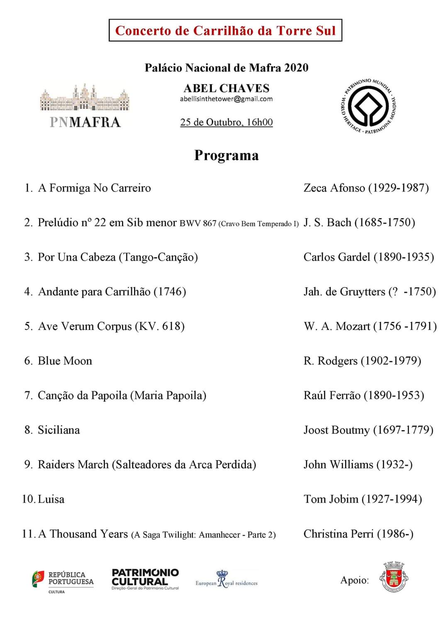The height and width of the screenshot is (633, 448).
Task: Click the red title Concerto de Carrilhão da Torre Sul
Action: (x=225, y=31)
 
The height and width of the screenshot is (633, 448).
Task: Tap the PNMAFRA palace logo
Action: (x=85, y=106)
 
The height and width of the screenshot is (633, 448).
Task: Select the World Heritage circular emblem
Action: (x=368, y=106)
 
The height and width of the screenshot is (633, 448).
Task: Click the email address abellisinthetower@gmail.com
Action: (x=226, y=99)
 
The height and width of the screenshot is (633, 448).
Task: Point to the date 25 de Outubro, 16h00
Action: (x=226, y=122)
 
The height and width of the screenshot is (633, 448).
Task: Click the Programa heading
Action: (x=226, y=155)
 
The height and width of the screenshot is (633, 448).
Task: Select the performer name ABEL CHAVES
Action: (x=226, y=88)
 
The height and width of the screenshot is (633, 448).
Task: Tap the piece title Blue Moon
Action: (x=65, y=361)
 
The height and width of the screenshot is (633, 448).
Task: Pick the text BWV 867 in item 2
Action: (x=198, y=223)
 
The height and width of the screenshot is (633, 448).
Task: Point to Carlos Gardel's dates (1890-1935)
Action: (x=404, y=257)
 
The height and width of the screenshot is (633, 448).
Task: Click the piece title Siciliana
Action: (x=58, y=430)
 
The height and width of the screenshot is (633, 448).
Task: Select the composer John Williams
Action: (x=338, y=465)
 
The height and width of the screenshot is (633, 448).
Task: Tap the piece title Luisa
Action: (x=51, y=499)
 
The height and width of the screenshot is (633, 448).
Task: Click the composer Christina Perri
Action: (x=338, y=534)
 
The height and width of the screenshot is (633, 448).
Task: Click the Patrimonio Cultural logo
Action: (x=145, y=579)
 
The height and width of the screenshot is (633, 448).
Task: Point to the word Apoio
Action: (x=354, y=580)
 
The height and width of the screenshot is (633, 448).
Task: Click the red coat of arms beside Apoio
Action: (x=394, y=577)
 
